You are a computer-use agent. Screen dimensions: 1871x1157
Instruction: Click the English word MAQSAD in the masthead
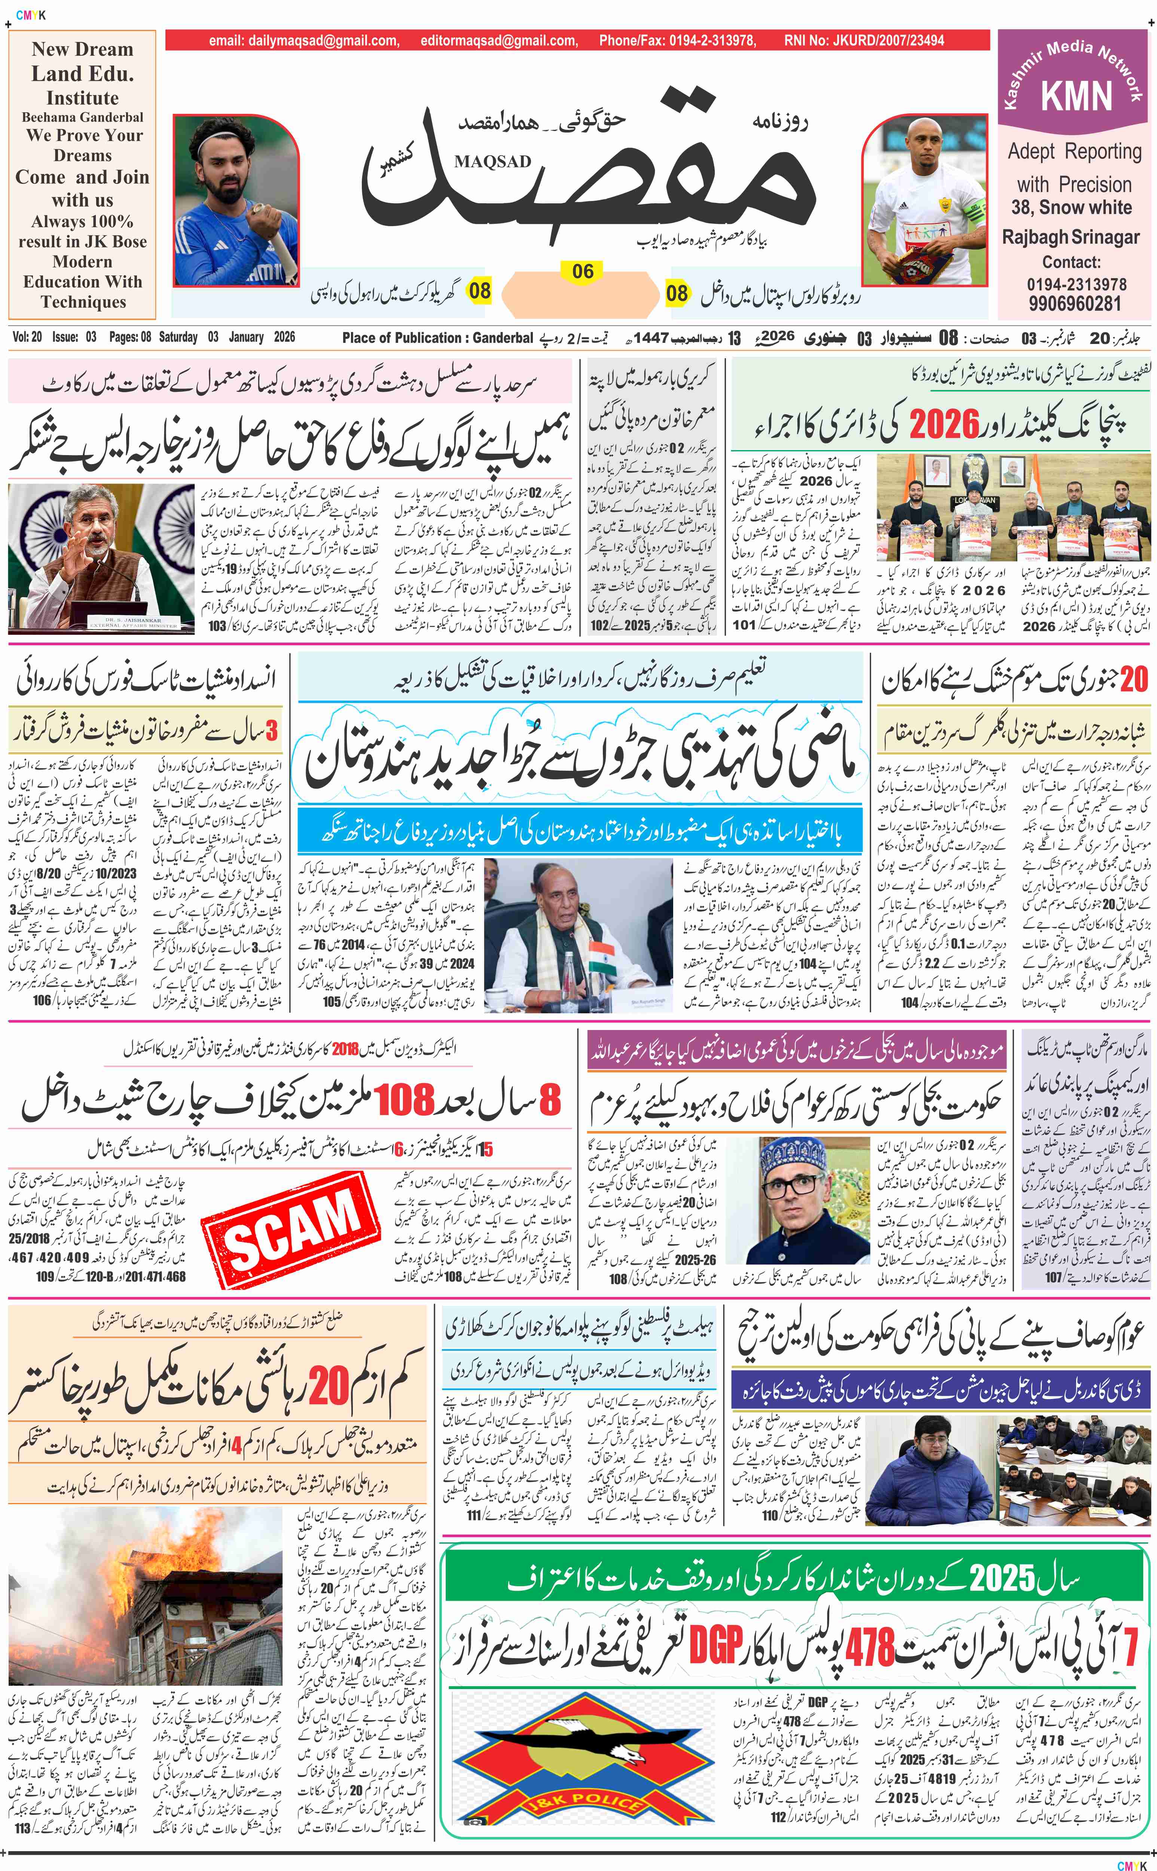pyautogui.click(x=492, y=161)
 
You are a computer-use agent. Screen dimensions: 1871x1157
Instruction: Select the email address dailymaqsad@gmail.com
pyautogui.click(x=304, y=40)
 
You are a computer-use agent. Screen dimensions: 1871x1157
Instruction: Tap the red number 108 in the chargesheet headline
pyautogui.click(x=404, y=1100)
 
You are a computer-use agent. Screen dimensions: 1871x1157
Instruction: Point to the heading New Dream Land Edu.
pyautogui.click(x=83, y=61)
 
